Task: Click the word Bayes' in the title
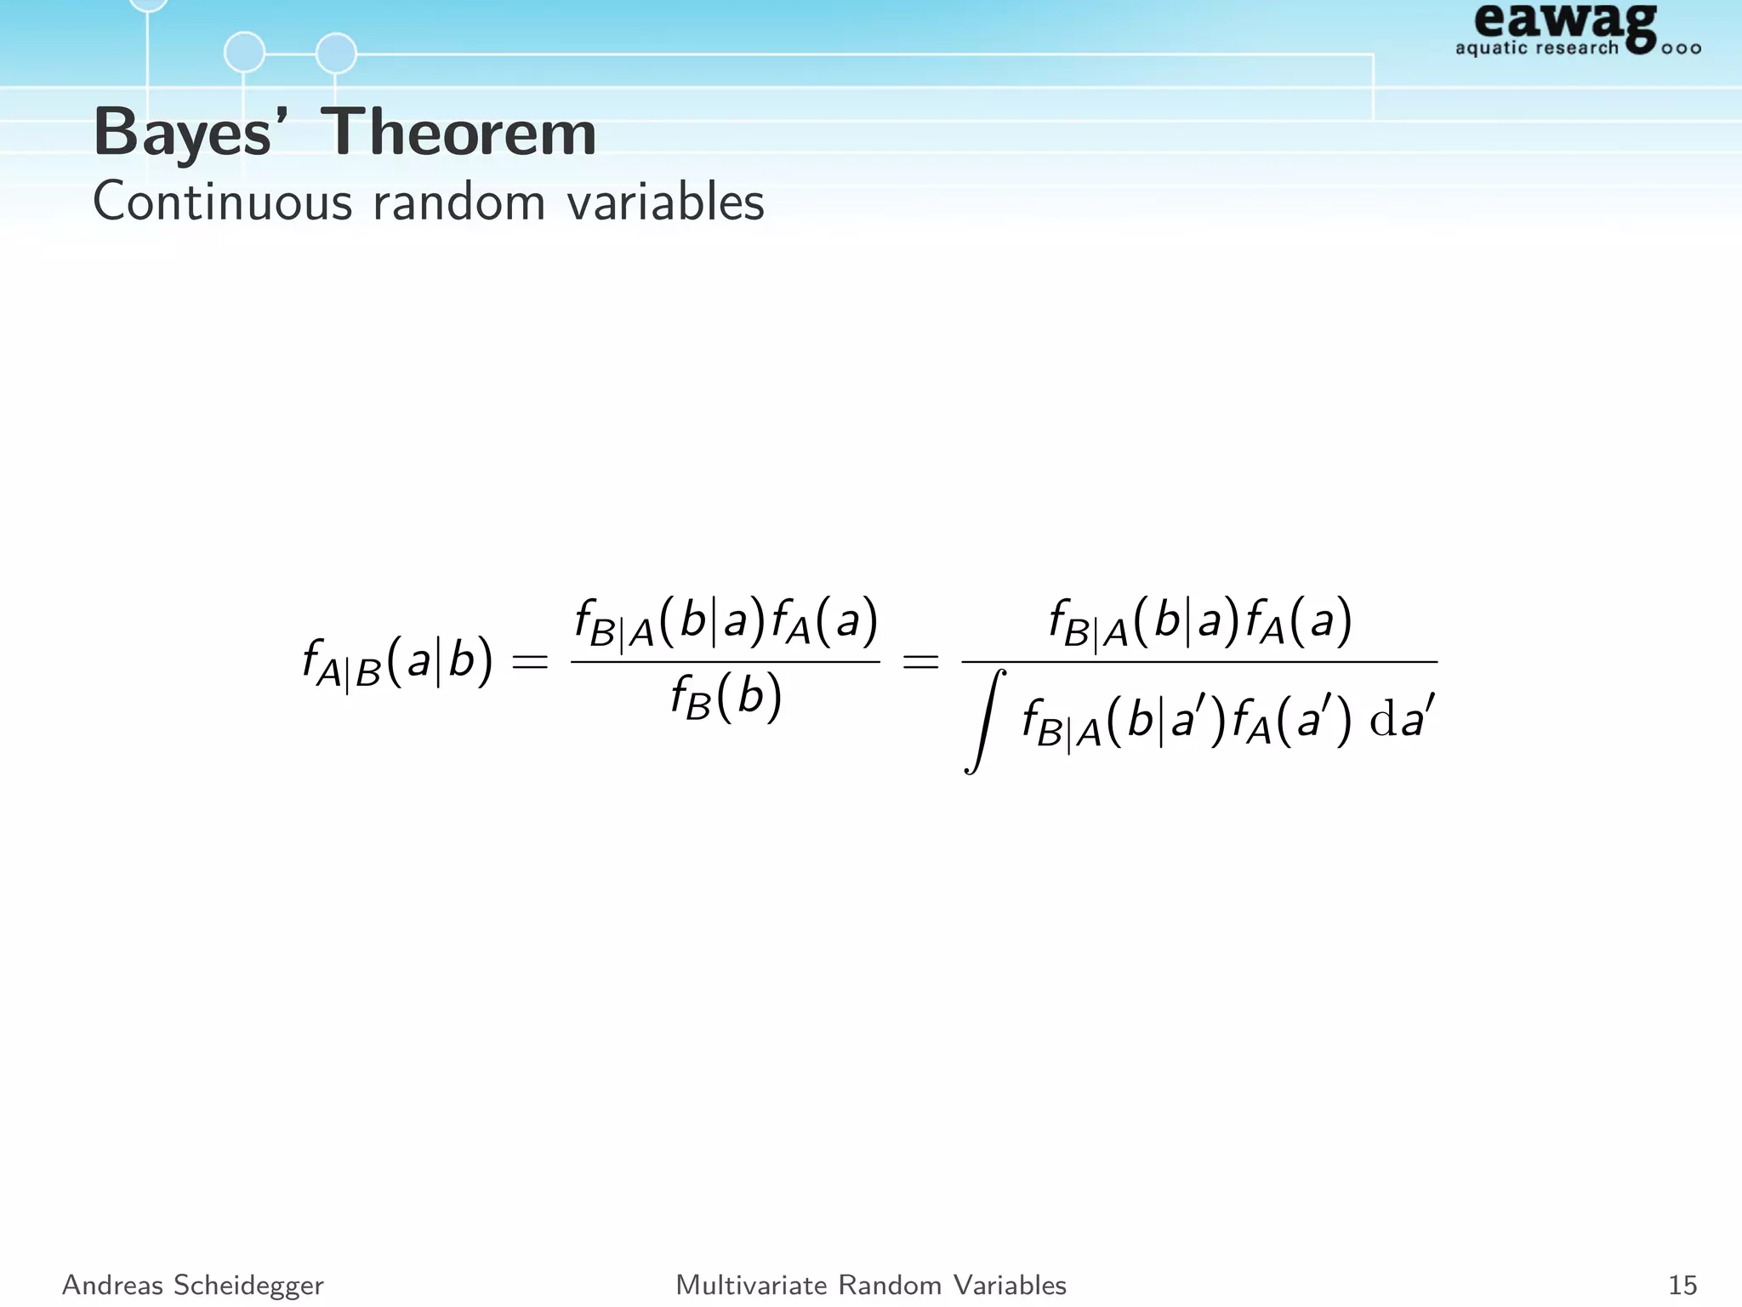(182, 134)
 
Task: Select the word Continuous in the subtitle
(222, 203)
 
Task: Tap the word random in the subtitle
(458, 203)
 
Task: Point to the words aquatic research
(1536, 48)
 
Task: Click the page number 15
(1682, 1285)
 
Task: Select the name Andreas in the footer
(112, 1285)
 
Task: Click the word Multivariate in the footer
(750, 1285)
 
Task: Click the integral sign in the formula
(984, 722)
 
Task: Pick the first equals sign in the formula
(530, 661)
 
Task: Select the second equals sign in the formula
(920, 661)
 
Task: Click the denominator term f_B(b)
(726, 699)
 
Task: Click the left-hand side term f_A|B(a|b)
(397, 663)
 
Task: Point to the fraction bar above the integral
(1199, 661)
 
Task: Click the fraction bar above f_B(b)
(726, 661)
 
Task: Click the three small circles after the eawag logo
(1681, 49)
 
